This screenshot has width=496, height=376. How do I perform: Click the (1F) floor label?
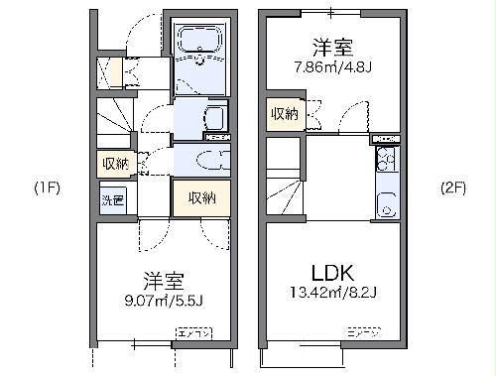(x=47, y=188)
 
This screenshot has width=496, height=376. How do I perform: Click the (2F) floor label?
(x=454, y=188)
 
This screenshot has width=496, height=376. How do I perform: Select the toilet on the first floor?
(x=210, y=161)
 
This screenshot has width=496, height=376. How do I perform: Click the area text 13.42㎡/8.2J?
(x=333, y=292)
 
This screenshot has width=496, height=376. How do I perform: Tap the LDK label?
(x=333, y=271)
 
